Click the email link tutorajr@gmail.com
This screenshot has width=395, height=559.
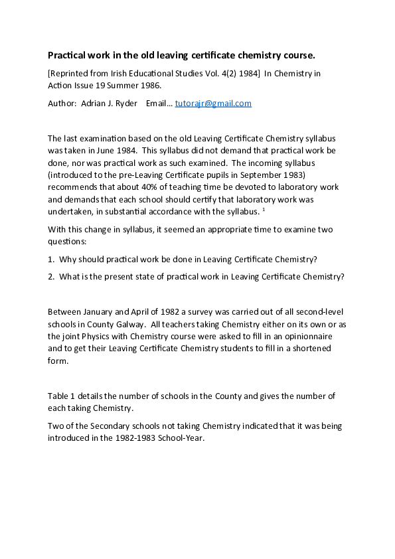(x=213, y=104)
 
